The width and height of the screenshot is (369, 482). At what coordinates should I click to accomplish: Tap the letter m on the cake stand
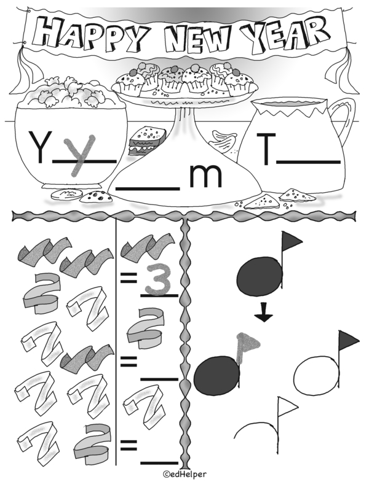point(205,176)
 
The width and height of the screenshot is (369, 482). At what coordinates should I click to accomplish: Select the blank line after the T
point(308,161)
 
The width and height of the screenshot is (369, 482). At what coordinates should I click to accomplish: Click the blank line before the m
point(148,188)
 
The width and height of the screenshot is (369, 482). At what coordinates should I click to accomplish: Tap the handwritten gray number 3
point(158,278)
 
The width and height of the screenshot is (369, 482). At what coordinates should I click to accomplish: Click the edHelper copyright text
point(184,475)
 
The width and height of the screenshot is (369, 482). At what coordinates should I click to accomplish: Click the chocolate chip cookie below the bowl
point(96,196)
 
